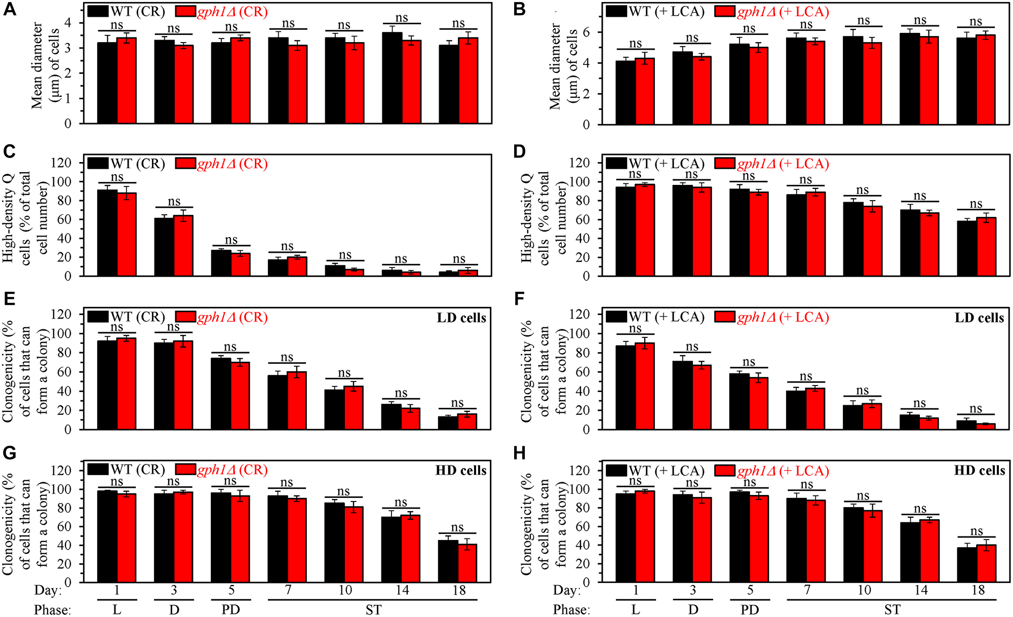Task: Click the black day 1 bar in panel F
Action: pos(626,388)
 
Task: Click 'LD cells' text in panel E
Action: pos(461,318)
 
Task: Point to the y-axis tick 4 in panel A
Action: pos(67,23)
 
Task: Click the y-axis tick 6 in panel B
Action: pos(586,32)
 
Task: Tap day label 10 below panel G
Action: pos(345,590)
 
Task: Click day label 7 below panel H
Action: pos(807,590)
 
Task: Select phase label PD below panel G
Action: pos(230,609)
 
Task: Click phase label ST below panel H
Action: pos(892,609)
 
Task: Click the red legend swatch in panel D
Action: pos(725,164)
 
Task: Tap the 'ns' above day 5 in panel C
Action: pos(231,240)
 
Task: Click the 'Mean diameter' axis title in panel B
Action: pos(556,66)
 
